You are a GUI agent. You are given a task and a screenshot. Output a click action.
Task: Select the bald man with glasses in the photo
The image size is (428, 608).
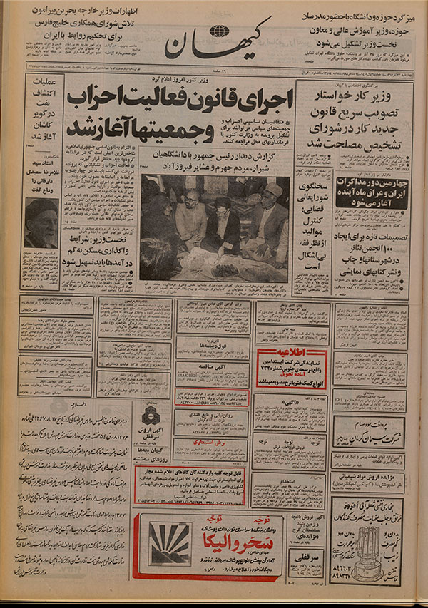190,215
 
